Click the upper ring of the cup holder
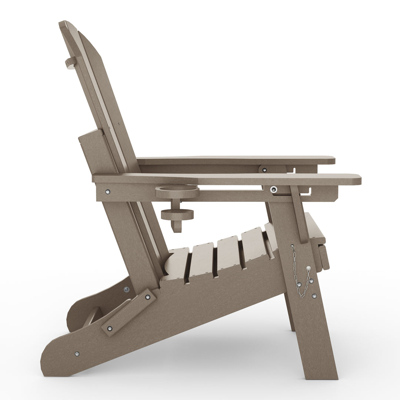click(x=177, y=192)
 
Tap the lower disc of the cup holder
click(x=177, y=214)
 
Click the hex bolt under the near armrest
click(x=273, y=189)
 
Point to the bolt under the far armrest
click(x=264, y=170)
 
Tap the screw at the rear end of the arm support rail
click(x=107, y=192)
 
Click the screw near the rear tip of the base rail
click(x=77, y=354)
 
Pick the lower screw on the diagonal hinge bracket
click(x=110, y=328)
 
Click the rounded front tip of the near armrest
click(x=357, y=180)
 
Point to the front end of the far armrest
click(x=331, y=160)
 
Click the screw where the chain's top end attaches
click(x=293, y=246)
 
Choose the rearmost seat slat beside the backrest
click(x=178, y=261)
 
